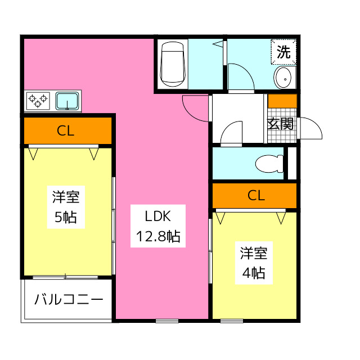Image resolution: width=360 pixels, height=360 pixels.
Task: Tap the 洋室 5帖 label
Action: (66, 207)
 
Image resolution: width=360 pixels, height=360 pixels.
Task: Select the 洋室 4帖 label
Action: (254, 263)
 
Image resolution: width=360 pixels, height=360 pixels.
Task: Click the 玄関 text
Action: (280, 124)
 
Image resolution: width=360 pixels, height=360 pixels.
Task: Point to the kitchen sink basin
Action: (68, 101)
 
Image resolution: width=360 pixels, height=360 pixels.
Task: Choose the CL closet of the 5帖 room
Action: (67, 131)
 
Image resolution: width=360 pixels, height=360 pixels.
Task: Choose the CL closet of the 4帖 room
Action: (255, 196)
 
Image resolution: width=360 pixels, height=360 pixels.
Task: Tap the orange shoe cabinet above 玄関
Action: (282, 101)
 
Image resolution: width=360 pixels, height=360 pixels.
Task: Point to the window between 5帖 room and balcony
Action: (66, 277)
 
